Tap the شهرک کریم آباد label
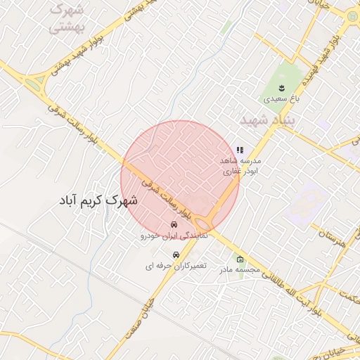pyautogui.click(x=99, y=200)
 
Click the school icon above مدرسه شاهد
pyautogui.click(x=240, y=150)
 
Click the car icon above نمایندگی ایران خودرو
pyautogui.click(x=172, y=225)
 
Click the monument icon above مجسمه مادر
pyautogui.click(x=240, y=258)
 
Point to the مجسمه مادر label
pyautogui.click(x=239, y=269)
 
